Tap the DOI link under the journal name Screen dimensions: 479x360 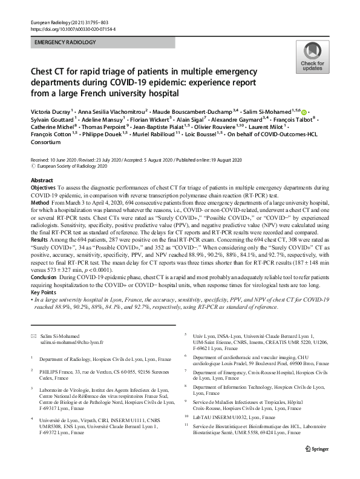73,28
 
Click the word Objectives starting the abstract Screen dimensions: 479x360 44,189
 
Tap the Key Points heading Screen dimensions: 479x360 45,292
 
